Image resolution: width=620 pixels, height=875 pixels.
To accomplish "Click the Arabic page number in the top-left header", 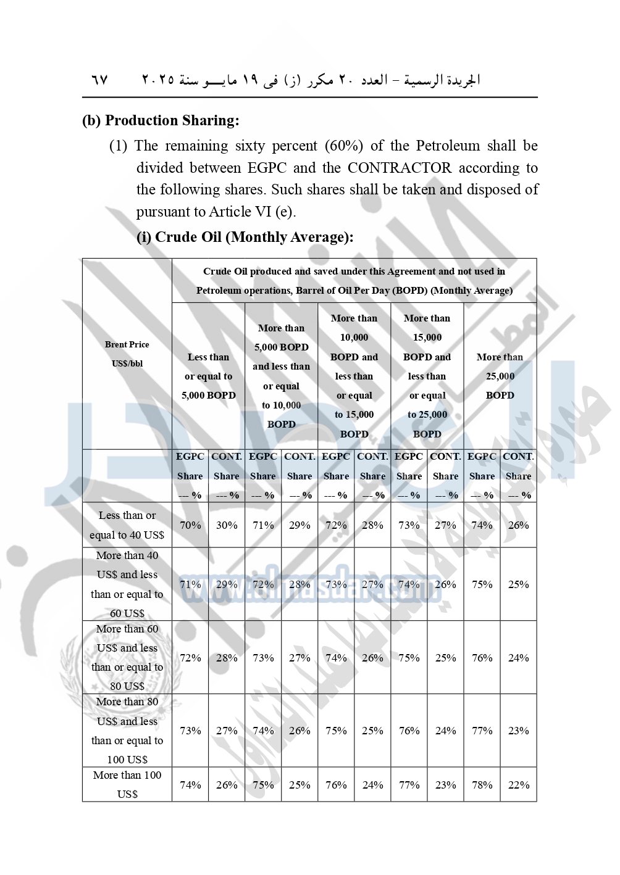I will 99,80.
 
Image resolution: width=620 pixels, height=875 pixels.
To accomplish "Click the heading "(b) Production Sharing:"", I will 161,120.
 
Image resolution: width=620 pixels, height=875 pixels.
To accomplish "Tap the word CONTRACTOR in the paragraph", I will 399,168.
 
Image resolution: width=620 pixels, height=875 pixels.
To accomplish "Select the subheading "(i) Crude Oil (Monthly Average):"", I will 245,237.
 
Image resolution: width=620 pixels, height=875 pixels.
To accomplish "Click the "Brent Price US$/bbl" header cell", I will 127,354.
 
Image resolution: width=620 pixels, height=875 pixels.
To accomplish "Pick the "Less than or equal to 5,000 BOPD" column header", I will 209,376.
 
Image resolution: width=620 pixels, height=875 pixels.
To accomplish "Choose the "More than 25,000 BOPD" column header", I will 500,376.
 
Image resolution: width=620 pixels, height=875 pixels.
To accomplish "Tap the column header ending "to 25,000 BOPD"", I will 427,376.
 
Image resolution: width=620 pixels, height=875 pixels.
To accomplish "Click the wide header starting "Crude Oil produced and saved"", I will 354,281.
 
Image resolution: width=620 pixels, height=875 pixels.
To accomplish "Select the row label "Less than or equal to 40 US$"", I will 127,525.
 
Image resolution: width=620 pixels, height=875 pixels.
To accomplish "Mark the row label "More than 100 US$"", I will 127,784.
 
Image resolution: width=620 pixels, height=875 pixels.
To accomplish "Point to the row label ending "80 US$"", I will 127,657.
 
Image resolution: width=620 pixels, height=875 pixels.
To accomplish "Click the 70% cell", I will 190,525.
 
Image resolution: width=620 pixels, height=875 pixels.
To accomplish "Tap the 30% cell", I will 227,525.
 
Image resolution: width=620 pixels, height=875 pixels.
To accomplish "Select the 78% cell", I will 482,785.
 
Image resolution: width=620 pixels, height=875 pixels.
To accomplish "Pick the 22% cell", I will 518,785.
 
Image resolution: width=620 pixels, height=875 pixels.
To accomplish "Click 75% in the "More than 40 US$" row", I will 482,584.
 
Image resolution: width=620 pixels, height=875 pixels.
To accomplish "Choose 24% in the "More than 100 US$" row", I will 372,785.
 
